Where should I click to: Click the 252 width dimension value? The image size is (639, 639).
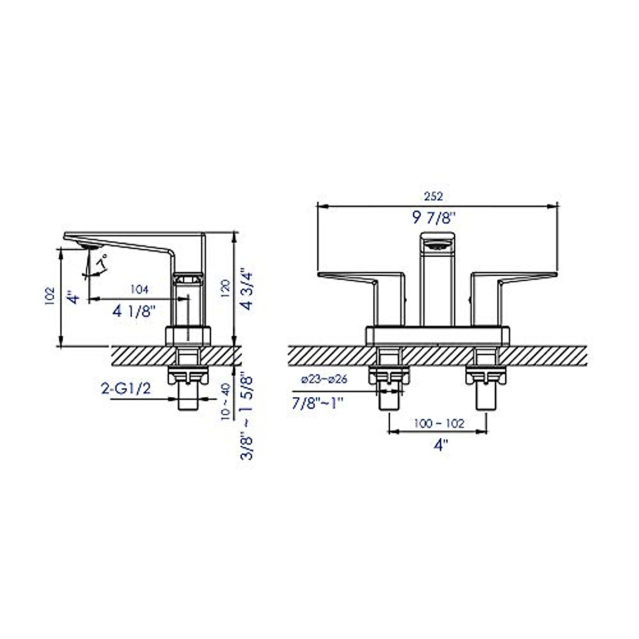[434, 196]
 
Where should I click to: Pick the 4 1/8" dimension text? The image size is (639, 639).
[134, 312]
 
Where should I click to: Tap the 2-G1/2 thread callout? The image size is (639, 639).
[126, 389]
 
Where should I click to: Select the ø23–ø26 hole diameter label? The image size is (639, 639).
[324, 380]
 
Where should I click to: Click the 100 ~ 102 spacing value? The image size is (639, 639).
[439, 424]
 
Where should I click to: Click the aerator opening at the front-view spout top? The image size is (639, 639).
[439, 245]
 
